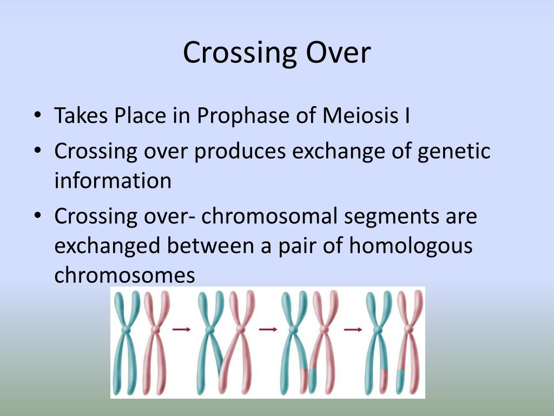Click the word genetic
tap(454, 151)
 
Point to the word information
tap(113, 180)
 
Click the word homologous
tap(411, 246)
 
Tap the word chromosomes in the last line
tap(124, 275)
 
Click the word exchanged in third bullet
tap(107, 246)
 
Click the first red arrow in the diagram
tap(181, 329)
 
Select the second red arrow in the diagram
tap(268, 329)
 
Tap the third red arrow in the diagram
tap(353, 329)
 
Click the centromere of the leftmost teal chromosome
tap(126, 329)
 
